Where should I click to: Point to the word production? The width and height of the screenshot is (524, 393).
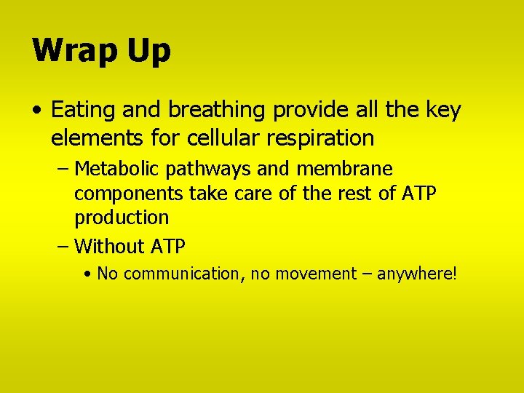click(122, 218)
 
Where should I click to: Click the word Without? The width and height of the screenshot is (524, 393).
click(109, 247)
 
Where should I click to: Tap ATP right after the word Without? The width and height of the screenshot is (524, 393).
click(168, 247)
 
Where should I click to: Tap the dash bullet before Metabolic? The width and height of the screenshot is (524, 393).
click(63, 170)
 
